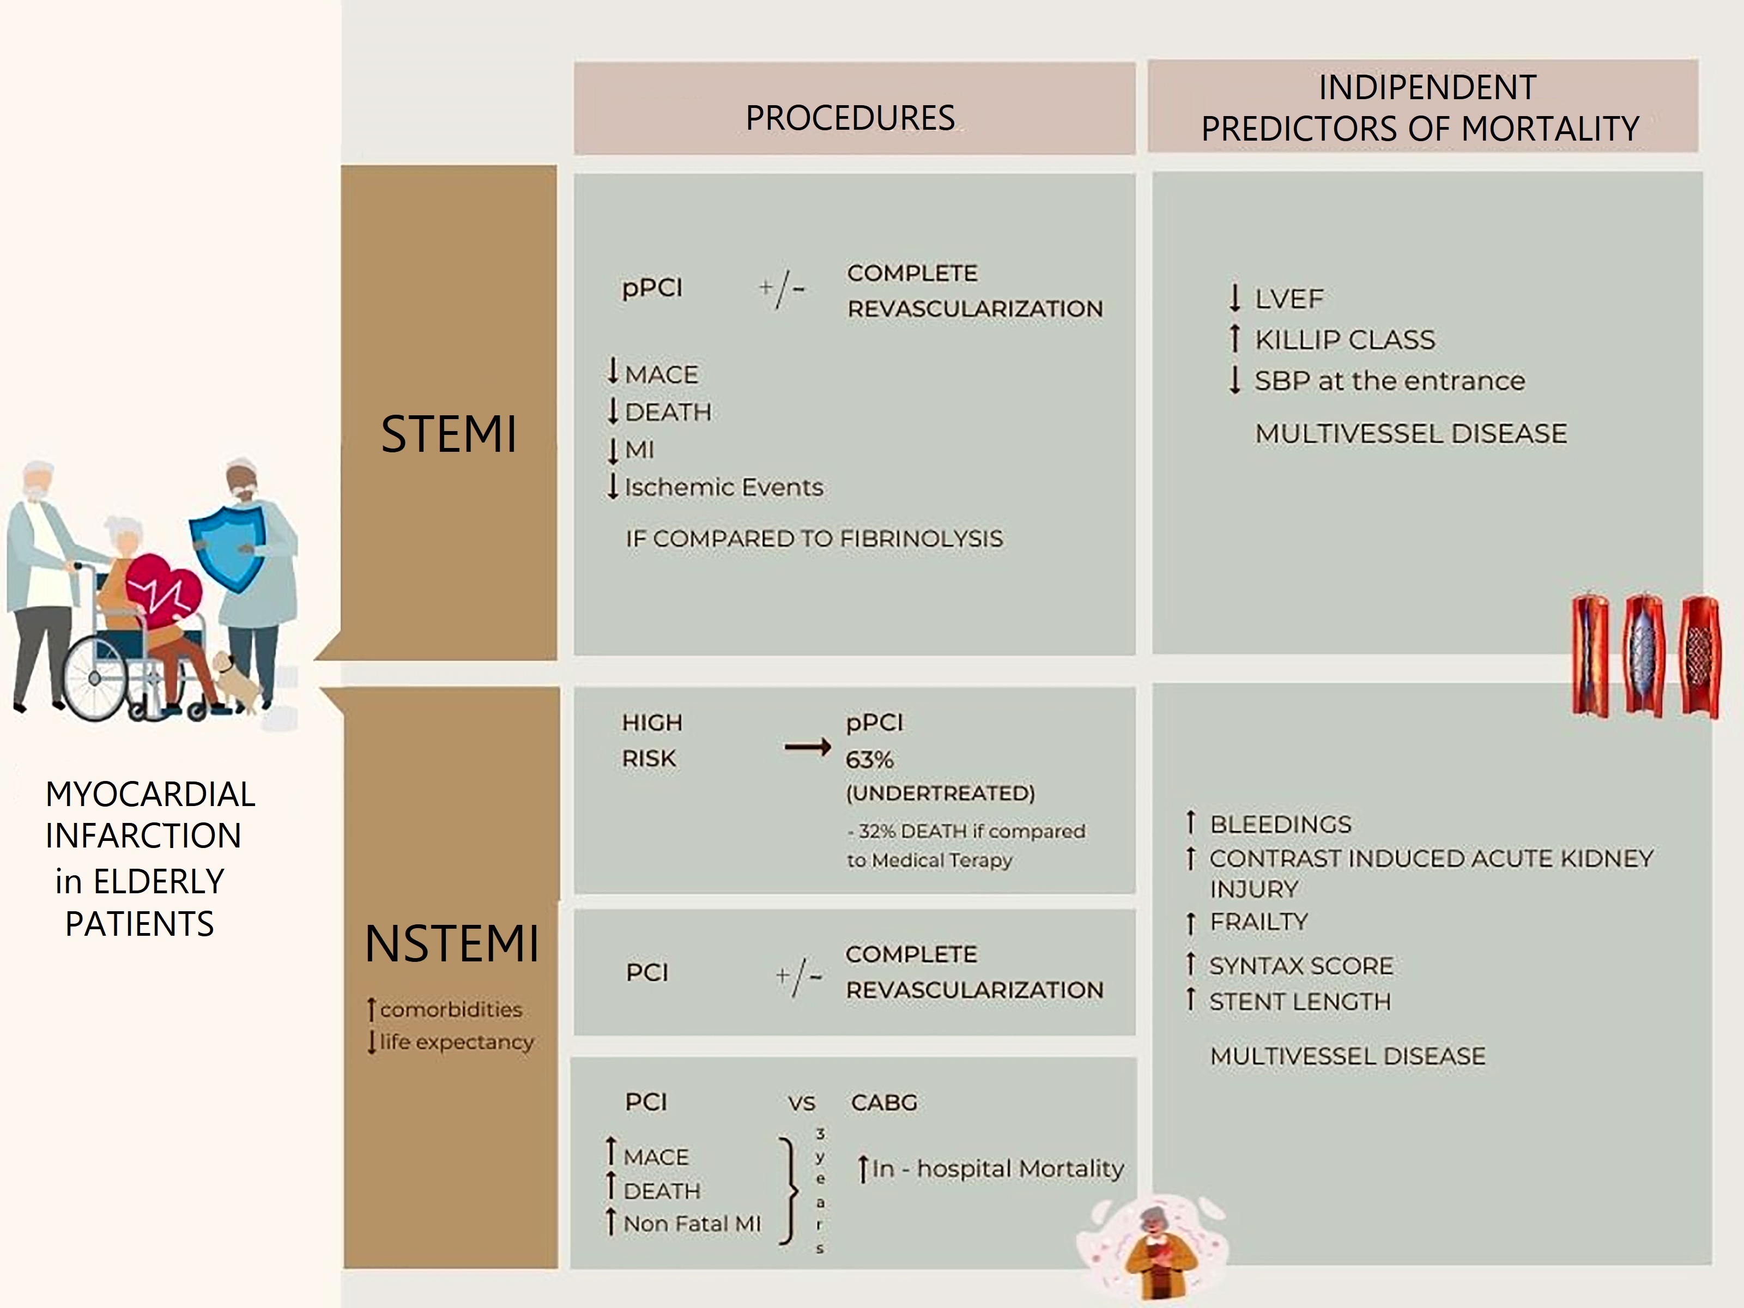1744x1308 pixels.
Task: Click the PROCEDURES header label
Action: (x=850, y=118)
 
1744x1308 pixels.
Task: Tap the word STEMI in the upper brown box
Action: (x=449, y=434)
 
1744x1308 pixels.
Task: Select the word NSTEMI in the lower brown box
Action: (x=452, y=944)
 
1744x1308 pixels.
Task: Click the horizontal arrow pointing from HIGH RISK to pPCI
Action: (x=807, y=747)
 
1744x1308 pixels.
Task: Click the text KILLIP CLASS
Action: (x=1345, y=340)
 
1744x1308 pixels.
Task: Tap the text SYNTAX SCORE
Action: (x=1301, y=966)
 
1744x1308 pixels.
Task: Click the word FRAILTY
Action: (x=1259, y=922)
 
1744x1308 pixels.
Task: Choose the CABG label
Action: (x=884, y=1102)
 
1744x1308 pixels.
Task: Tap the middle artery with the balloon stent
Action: (x=1643, y=655)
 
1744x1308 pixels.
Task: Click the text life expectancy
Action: (x=457, y=1041)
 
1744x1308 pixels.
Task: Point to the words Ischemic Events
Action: (x=724, y=487)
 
